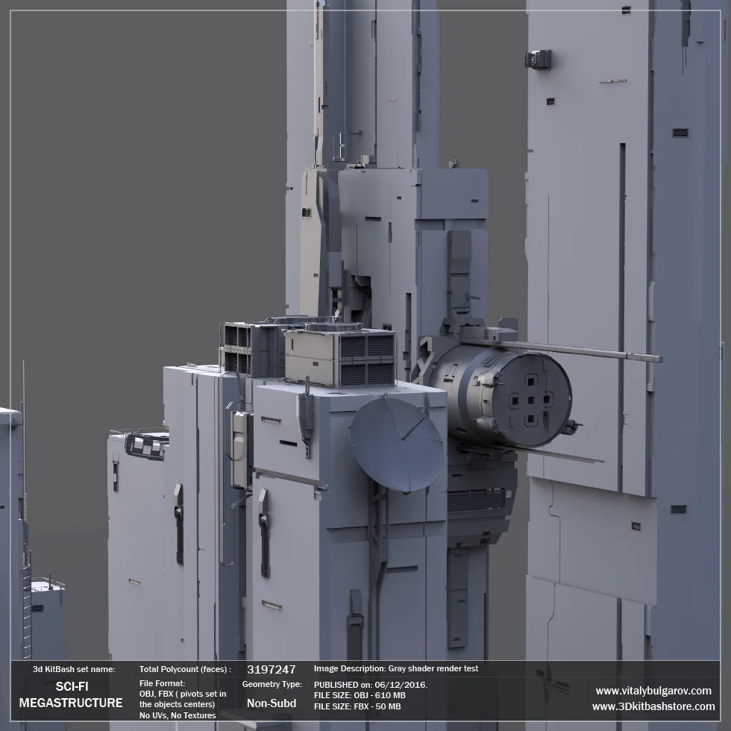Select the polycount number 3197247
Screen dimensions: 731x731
271,670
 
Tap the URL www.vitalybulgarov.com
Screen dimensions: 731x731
653,691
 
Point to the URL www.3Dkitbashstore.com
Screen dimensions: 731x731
653,706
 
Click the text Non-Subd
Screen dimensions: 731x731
271,703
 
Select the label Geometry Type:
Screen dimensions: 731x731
272,684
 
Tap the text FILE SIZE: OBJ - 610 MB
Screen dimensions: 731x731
360,695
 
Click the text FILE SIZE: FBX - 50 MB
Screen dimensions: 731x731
357,706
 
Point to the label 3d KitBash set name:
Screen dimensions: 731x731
74,670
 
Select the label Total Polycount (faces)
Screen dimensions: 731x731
185,670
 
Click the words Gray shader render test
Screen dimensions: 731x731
433,669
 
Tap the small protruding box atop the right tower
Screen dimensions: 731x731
538,59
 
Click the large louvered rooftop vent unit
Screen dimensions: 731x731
341,357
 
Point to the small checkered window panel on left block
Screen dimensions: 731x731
145,445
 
